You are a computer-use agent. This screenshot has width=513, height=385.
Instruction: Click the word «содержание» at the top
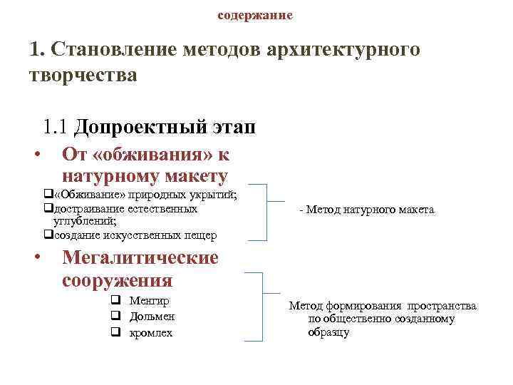254,15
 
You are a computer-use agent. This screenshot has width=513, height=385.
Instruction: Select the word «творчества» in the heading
83,73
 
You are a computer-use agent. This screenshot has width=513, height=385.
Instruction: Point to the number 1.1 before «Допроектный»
56,127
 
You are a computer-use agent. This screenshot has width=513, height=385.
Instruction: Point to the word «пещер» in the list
202,235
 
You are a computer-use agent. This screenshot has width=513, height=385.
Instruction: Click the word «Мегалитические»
140,257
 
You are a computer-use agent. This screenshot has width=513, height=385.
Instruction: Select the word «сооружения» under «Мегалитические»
118,279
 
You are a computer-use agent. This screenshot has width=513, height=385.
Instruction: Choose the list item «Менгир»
149,301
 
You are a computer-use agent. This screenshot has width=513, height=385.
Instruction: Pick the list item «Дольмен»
152,317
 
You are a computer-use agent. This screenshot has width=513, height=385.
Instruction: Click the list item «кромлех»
151,332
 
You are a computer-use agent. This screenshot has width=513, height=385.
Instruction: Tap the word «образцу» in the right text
328,332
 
